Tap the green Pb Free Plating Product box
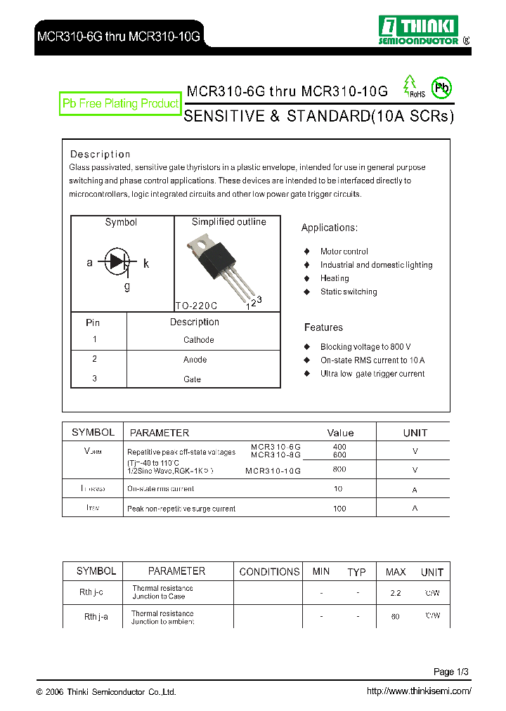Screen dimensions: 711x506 click(x=120, y=104)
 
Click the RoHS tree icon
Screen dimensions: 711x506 click(x=409, y=84)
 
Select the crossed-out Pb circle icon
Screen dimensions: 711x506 click(x=441, y=88)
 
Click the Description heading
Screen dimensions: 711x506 click(x=100, y=155)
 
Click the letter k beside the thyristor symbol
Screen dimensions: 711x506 click(x=146, y=263)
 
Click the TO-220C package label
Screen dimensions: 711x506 click(x=196, y=306)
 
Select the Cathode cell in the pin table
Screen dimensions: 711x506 click(x=198, y=340)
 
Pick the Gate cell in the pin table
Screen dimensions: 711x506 click(x=192, y=379)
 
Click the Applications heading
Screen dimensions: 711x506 click(x=330, y=228)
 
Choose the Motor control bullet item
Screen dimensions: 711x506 click(x=344, y=252)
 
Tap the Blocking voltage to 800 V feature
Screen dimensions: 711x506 click(x=365, y=347)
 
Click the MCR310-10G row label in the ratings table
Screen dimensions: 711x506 click(x=273, y=470)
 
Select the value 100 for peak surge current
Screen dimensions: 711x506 click(x=340, y=508)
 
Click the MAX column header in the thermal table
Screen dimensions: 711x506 click(x=396, y=572)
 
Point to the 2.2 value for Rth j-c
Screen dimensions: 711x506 click(x=396, y=593)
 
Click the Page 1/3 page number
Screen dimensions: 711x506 click(x=450, y=672)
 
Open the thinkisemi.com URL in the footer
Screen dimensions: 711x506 click(x=419, y=691)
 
